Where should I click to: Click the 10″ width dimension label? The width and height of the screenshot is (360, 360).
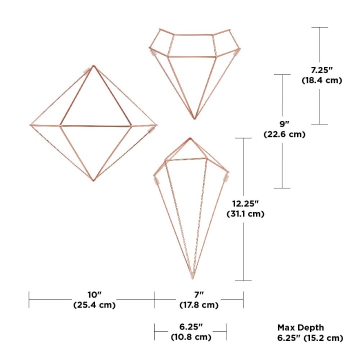click(x=94, y=294)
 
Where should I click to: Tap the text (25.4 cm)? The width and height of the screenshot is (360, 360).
click(x=94, y=305)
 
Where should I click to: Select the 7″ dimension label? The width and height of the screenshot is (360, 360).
click(x=199, y=294)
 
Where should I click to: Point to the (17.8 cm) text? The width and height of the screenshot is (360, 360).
click(x=199, y=305)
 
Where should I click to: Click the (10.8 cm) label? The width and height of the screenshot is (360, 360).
click(x=191, y=337)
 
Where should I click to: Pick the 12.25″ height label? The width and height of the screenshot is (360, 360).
click(x=245, y=203)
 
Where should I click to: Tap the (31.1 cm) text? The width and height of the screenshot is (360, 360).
click(x=245, y=214)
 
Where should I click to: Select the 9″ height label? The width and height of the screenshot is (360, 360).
click(x=284, y=124)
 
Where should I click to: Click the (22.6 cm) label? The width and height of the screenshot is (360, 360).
click(x=284, y=134)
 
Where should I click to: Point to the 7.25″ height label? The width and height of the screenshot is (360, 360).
click(x=322, y=70)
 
